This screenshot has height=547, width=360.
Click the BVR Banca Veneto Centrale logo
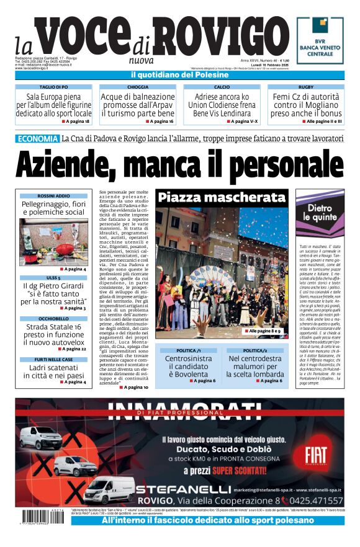tap(320, 40)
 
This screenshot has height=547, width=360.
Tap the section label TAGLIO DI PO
tap(53, 87)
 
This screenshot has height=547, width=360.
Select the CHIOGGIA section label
tap(138, 87)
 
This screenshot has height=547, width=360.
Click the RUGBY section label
tap(306, 87)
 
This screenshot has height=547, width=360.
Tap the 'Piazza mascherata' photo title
tap(221, 198)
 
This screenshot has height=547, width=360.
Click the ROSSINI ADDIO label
tap(53, 195)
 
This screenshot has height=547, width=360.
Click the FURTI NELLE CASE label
tap(53, 359)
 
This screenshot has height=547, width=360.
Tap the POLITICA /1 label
tap(188, 350)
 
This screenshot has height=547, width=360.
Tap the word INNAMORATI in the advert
tap(180, 409)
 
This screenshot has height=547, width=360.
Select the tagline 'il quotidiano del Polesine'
tap(180, 75)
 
